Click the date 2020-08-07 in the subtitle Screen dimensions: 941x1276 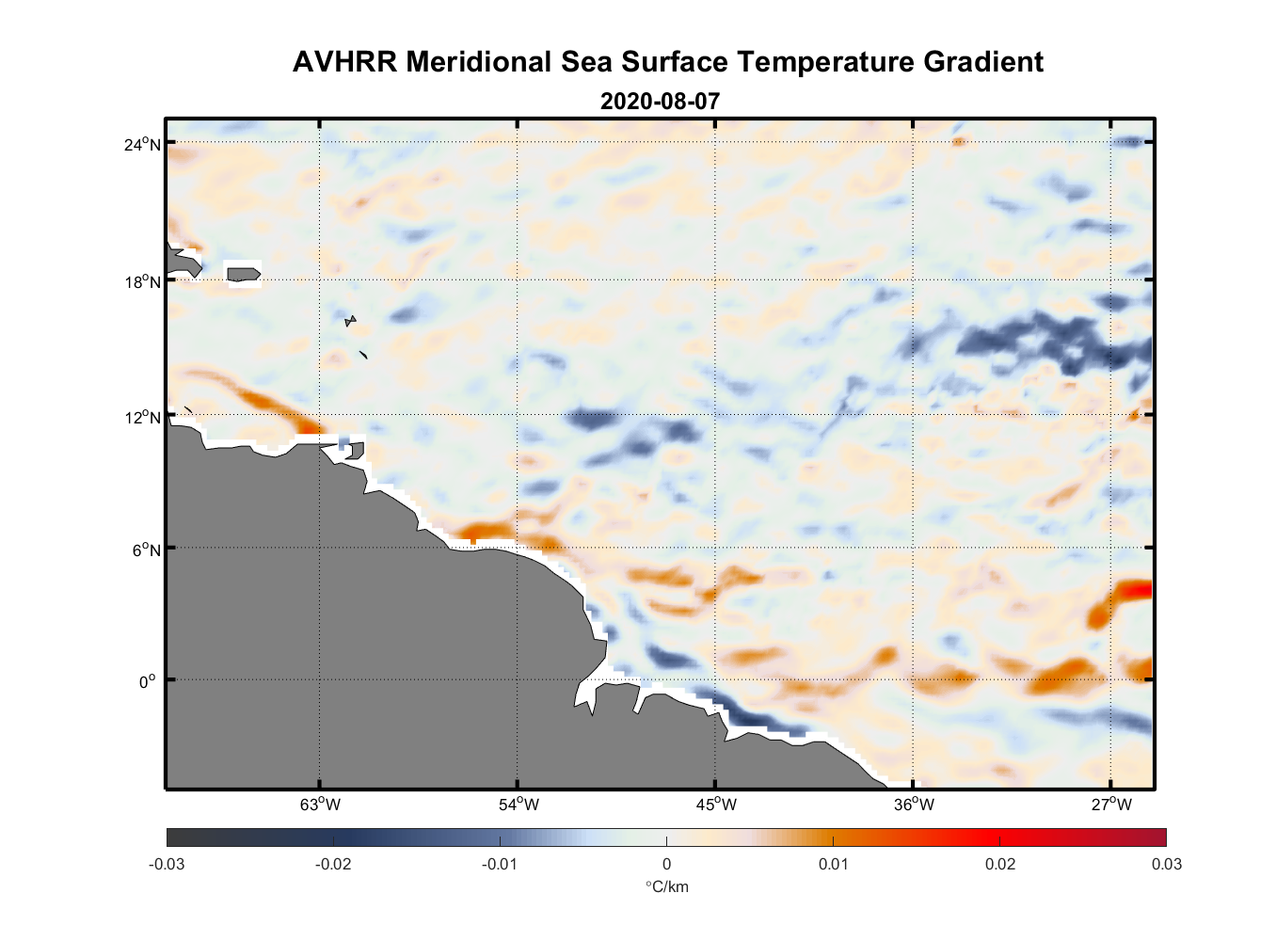660,101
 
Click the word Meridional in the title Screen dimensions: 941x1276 480,62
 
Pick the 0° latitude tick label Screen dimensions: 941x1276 148,681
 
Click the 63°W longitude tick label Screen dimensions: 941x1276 320,805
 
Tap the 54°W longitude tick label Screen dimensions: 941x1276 518,805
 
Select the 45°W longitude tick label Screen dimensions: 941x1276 716,805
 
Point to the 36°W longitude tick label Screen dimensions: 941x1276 914,805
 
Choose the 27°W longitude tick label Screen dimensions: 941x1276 1111,805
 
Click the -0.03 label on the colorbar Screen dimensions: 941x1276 167,864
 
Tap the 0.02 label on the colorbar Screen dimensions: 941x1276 999,864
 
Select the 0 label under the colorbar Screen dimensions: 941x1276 666,864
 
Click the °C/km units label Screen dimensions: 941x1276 666,886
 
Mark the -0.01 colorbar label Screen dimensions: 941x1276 499,864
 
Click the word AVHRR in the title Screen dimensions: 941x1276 344,62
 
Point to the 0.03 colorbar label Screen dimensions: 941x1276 1166,864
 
